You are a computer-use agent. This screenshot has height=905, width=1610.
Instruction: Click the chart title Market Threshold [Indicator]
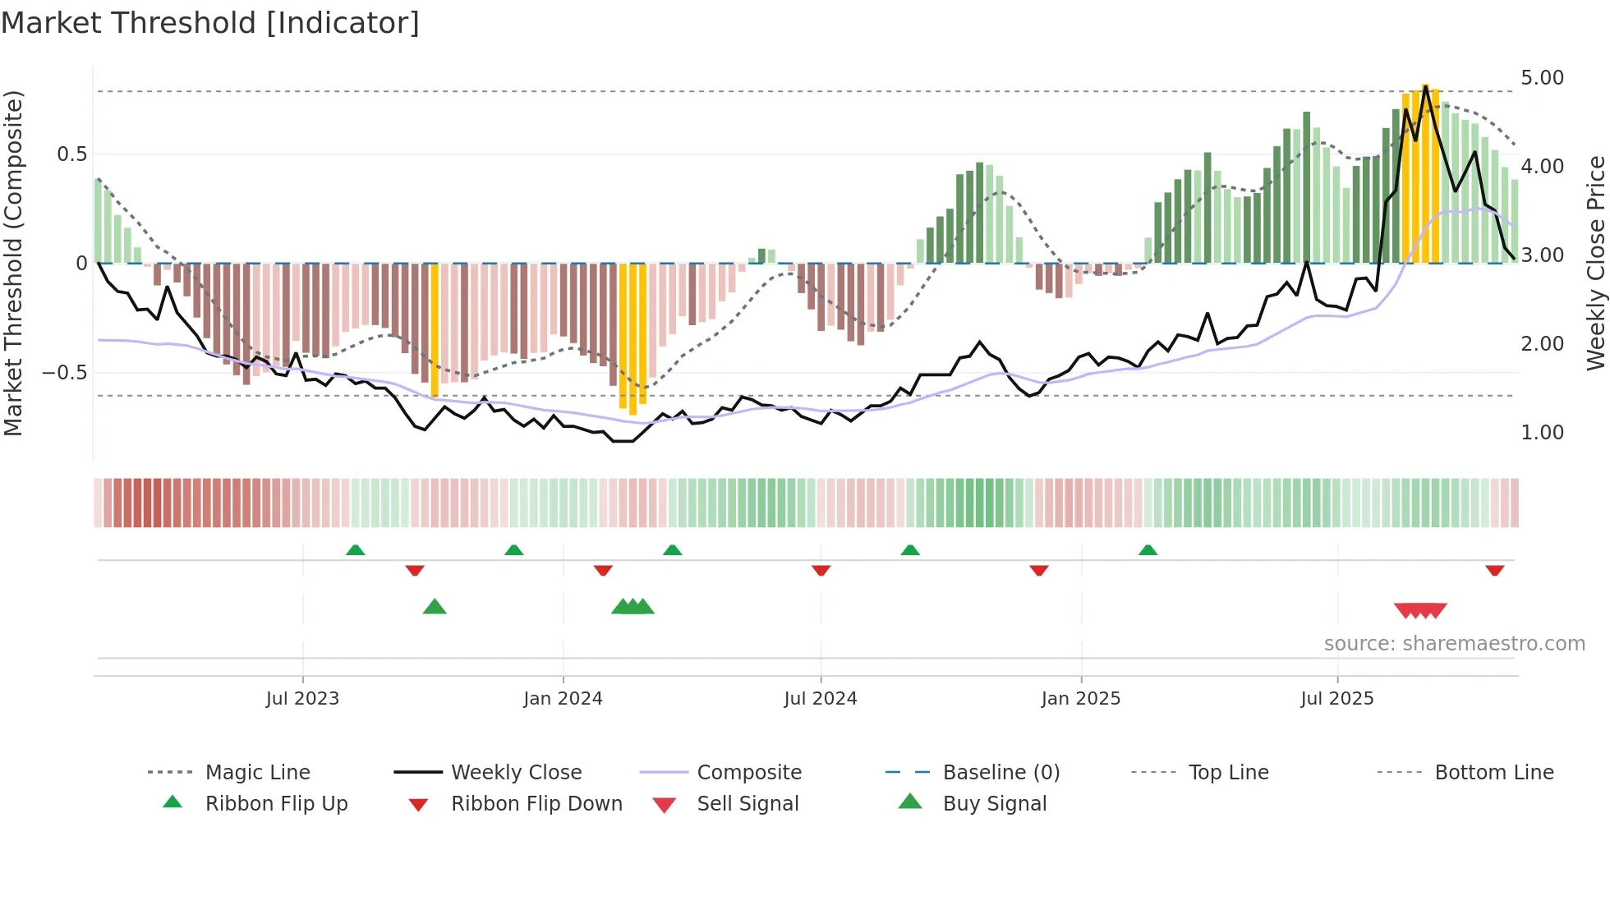pyautogui.click(x=210, y=23)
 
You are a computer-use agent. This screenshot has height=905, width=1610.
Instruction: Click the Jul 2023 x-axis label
pyautogui.click(x=302, y=698)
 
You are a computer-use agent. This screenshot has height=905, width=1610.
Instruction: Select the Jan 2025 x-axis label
pyautogui.click(x=1080, y=698)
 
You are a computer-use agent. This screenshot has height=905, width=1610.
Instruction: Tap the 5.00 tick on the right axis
pyautogui.click(x=1542, y=77)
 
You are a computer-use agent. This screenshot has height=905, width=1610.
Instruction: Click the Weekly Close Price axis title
pyautogui.click(x=1595, y=263)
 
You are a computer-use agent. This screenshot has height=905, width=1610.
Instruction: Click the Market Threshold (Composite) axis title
pyautogui.click(x=13, y=263)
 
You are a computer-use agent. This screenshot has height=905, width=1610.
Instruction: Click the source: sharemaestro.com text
pyautogui.click(x=1454, y=643)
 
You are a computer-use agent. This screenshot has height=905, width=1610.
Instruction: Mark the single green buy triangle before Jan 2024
pyautogui.click(x=435, y=607)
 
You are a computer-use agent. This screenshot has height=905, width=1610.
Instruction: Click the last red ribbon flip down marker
pyautogui.click(x=1494, y=570)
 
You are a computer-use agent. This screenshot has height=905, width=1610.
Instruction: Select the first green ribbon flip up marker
pyautogui.click(x=355, y=550)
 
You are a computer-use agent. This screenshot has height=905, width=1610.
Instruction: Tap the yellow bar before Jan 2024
pyautogui.click(x=435, y=328)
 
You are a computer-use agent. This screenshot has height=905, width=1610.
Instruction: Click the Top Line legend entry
pyautogui.click(x=1228, y=772)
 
